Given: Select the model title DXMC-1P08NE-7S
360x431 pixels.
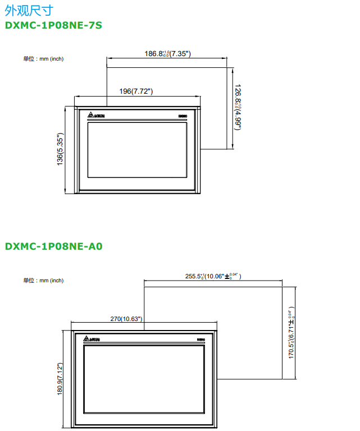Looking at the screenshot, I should [53, 25].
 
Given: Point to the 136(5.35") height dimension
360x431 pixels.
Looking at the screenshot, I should [61, 149].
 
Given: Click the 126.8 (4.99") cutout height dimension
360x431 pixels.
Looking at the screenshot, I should [238, 107].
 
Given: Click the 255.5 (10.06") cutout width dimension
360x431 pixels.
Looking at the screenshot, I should [212, 276].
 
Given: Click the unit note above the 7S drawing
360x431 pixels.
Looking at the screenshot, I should [43, 59].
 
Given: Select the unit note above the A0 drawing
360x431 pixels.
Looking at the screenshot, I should [43, 280].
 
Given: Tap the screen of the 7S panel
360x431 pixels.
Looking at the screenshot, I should [137, 150].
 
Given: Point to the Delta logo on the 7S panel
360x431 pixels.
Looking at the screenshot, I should [96, 116].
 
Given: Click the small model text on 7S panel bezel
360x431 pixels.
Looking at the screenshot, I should [182, 116].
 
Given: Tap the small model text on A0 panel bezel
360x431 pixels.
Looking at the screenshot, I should [200, 340].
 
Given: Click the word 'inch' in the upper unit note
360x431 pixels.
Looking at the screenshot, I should [57, 59].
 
